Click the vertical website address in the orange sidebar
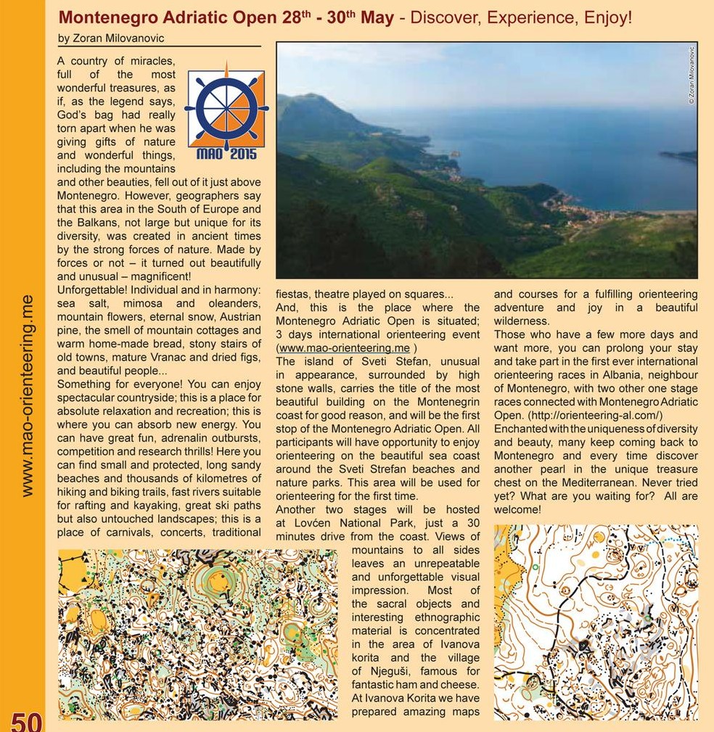click(x=28, y=395)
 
